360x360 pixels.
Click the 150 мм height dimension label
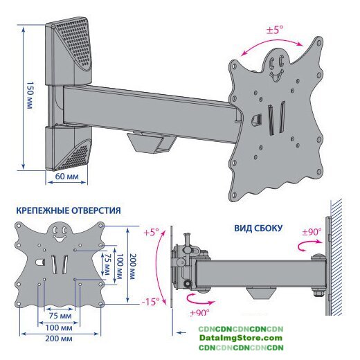[x=30, y=95]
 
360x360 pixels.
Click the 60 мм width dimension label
[x=67, y=177]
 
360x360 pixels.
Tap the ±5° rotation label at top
[x=275, y=30]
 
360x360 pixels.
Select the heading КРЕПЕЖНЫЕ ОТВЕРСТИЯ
[x=69, y=210]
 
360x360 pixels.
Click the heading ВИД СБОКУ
[x=258, y=228]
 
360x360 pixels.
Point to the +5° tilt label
[x=152, y=232]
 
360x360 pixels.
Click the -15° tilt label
[x=150, y=302]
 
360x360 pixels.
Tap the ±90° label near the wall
[x=312, y=232]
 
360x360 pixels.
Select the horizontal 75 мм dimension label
[x=60, y=316]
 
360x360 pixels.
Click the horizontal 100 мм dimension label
[x=59, y=327]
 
